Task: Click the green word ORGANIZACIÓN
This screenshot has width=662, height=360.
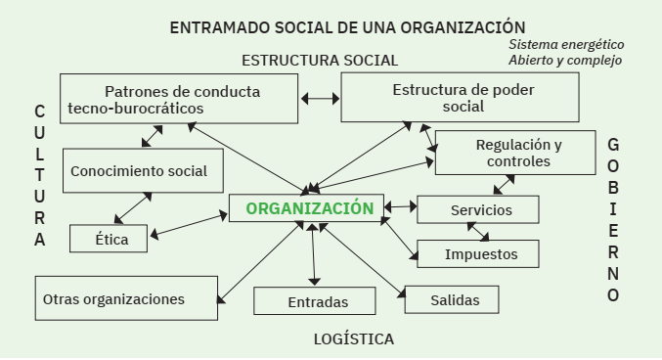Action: point(309,208)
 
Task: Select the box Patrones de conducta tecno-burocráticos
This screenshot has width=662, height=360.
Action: point(179,99)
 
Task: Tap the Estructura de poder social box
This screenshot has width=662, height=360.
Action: point(454,98)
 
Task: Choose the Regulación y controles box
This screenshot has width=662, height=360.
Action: point(514,153)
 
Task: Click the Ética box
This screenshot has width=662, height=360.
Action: point(109,238)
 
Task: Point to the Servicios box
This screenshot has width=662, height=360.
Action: point(478,210)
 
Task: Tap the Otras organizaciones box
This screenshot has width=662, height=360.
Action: point(126,298)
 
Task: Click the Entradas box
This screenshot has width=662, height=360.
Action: point(315,301)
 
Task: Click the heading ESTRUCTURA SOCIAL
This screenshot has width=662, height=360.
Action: point(320,60)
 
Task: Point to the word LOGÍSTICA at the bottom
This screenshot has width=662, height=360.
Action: point(354,339)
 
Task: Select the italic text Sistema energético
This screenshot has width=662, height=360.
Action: point(566,45)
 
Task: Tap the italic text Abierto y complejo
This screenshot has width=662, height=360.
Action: point(564,61)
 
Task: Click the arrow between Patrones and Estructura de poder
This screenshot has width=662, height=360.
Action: point(320,99)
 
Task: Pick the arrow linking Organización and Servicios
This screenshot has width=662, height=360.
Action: point(399,207)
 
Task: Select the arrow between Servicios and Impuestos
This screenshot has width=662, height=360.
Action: point(478,232)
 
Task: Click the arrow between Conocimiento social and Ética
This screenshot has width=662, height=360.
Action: point(135,208)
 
